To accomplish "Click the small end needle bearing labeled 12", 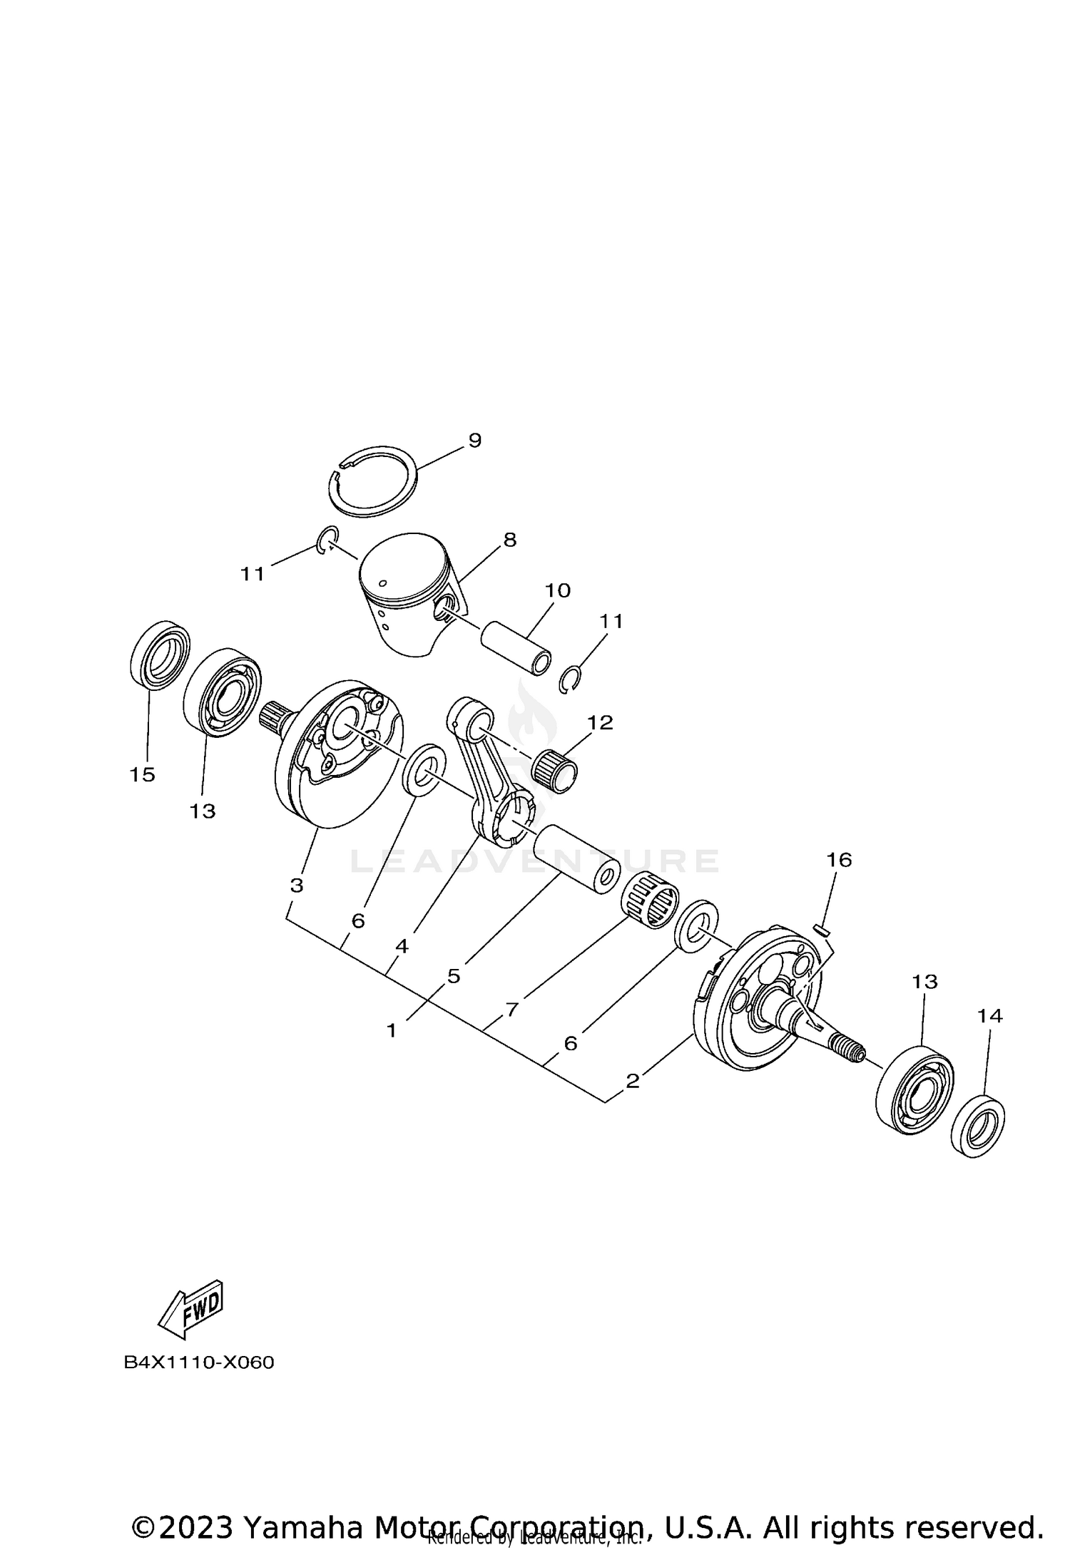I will pos(557,771).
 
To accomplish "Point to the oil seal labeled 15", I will pos(161,655).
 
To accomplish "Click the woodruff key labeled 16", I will pos(820,928).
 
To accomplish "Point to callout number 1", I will pos(391,1030).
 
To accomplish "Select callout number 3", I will pos(297,886).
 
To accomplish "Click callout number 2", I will pos(632,1081).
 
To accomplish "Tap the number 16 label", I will pos(839,860).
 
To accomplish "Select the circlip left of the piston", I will pos(325,540).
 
